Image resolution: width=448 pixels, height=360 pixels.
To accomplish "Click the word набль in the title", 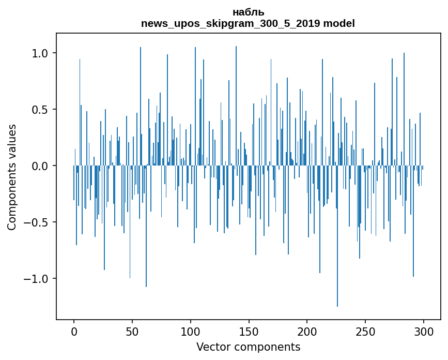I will [248, 12].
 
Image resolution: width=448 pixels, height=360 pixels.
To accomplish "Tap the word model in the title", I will [343, 23].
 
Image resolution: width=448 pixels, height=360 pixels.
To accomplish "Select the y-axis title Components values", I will [12, 177].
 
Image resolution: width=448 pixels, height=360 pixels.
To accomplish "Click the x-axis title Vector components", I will [248, 347].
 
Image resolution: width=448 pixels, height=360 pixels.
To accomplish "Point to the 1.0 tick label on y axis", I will [41, 53].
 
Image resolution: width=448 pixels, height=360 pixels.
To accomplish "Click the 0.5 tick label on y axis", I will [41, 110].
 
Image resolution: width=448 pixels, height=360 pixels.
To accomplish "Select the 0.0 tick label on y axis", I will [41, 166].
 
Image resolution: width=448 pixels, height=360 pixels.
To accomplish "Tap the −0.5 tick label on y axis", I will [37, 222].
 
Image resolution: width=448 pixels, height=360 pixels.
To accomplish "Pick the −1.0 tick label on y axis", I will [37, 279].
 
